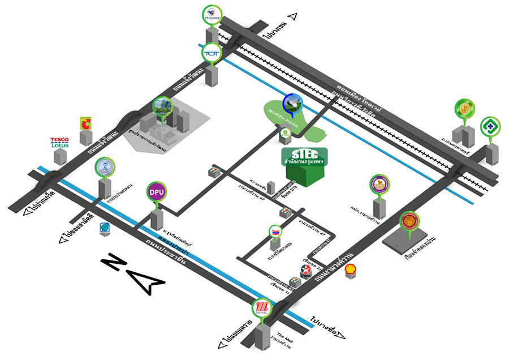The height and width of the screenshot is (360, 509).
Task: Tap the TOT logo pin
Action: point(212,53)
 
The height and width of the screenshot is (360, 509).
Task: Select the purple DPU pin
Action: point(156,192)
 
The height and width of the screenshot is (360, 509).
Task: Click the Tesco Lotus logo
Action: point(59,142)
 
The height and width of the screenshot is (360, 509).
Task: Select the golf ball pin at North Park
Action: point(292,102)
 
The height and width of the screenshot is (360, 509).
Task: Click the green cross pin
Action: point(489,126)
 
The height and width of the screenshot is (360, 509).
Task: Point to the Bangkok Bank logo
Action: point(105,228)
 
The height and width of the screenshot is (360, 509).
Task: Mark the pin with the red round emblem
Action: point(408,221)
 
